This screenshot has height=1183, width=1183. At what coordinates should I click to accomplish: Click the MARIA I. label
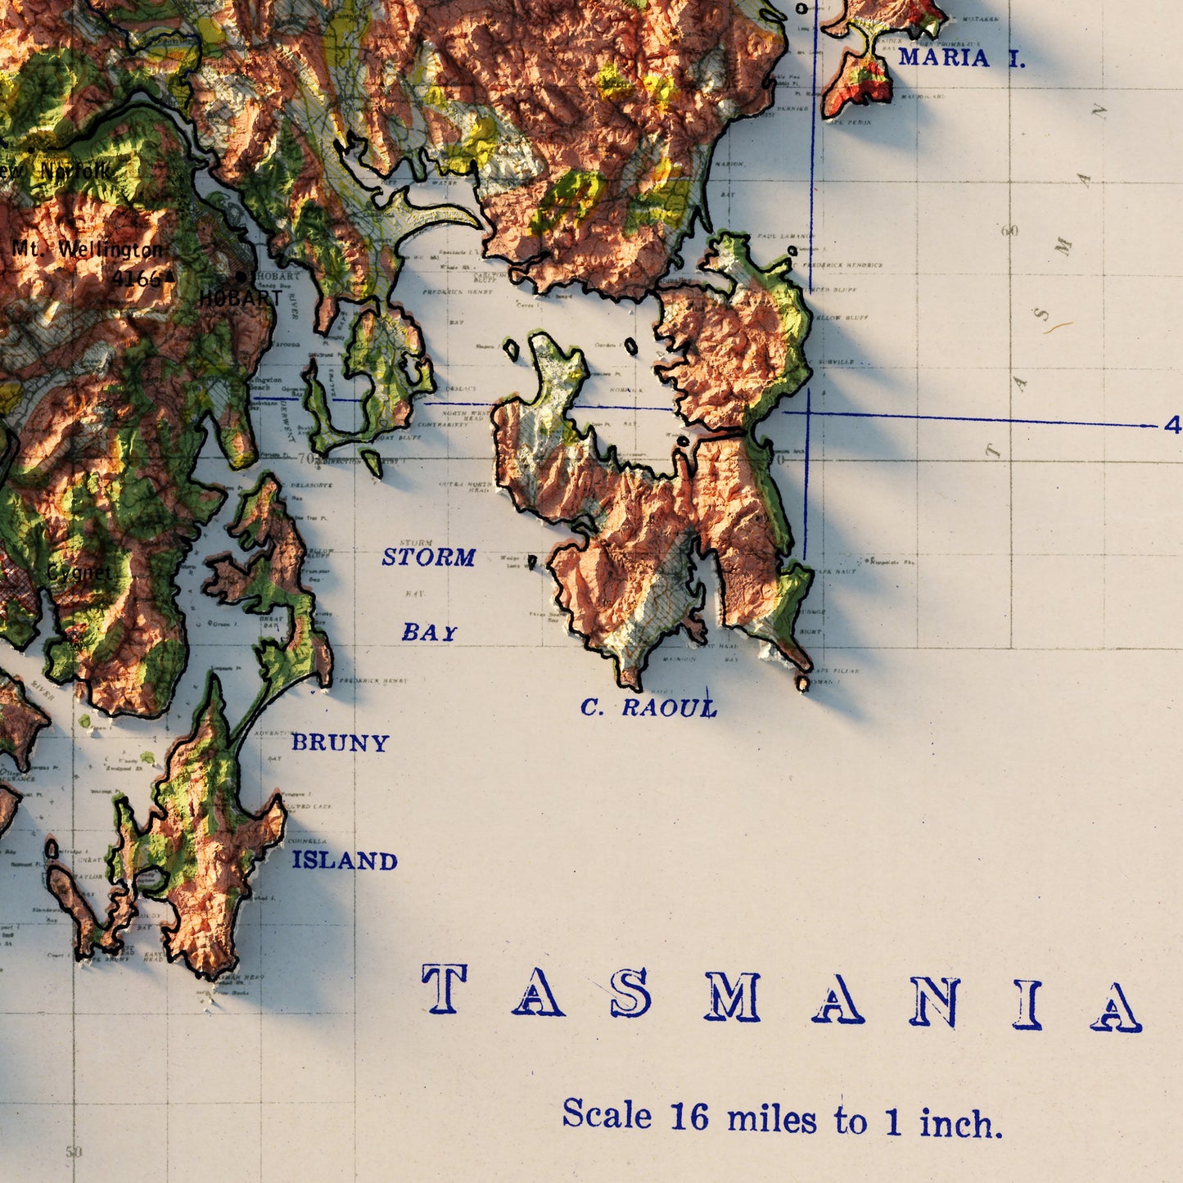[961, 57]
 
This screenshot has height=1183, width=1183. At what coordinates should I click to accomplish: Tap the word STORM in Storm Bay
[428, 558]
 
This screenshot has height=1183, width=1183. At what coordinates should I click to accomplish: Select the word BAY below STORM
[429, 632]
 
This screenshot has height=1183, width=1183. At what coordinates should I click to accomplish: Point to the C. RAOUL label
[648, 707]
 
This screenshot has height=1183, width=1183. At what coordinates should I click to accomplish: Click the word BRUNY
[340, 743]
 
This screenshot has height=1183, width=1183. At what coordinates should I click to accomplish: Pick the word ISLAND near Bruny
[345, 860]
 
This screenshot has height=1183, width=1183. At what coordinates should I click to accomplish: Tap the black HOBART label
[240, 299]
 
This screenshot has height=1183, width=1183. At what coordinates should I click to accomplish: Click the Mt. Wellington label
[88, 249]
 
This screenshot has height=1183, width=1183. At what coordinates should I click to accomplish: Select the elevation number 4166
[136, 278]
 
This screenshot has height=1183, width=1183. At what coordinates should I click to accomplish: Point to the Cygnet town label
[79, 572]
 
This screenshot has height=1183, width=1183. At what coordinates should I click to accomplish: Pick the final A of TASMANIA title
[1116, 1006]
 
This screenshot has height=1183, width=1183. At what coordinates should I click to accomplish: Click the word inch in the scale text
[960, 1122]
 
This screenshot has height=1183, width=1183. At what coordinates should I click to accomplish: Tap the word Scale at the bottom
[607, 1114]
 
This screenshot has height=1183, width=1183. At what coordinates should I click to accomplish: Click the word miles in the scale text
[771, 1118]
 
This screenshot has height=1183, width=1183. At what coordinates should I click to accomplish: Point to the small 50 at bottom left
[75, 1152]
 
